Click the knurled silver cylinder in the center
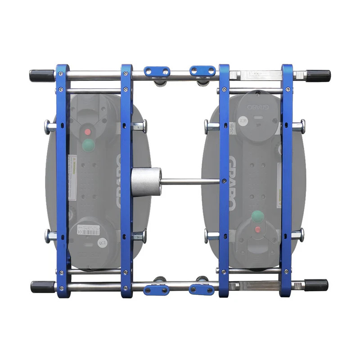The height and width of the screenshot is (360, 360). (146, 181)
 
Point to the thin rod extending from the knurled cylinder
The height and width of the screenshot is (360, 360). (189, 182)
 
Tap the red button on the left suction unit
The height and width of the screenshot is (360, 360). (88, 132)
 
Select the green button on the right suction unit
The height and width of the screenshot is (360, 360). (257, 216)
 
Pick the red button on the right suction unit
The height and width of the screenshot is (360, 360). (257, 229)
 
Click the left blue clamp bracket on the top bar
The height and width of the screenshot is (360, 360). (157, 71)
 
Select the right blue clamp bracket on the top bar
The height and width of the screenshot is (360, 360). (202, 71)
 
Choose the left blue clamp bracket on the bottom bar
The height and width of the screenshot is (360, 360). (156, 290)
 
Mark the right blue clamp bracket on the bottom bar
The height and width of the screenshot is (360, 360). (202, 289)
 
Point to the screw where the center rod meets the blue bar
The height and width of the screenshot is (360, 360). (224, 181)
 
